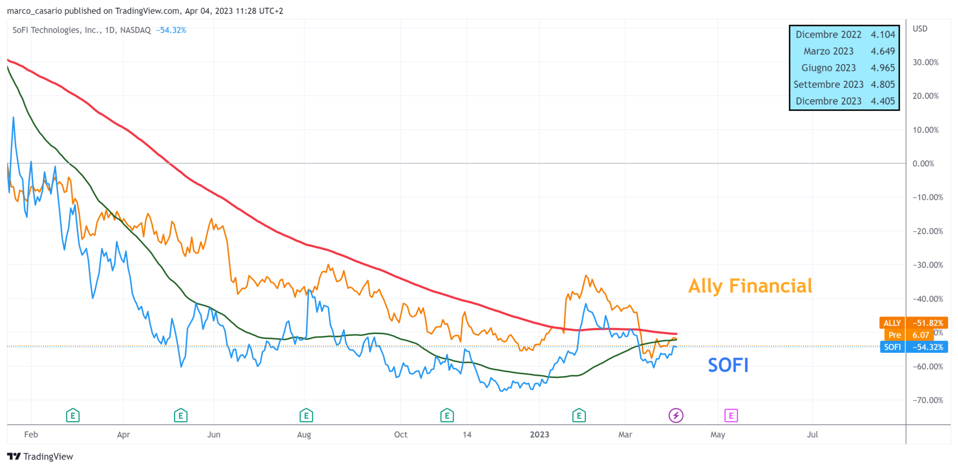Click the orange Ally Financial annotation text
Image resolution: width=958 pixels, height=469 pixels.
pos(750,286)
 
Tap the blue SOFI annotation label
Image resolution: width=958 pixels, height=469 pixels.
pos(728,365)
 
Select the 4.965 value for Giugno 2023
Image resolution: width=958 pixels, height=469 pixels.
pos(883,68)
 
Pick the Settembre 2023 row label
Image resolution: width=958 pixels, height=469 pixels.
pos(828,84)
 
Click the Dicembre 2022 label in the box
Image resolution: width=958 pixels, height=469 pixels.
pos(828,34)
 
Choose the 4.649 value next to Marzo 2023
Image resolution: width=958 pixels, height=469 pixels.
pos(883,51)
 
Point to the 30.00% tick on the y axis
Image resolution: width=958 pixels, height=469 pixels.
pos(926,62)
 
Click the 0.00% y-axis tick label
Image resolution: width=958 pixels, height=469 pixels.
pos(923,164)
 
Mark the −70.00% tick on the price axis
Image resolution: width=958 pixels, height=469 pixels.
pos(928,400)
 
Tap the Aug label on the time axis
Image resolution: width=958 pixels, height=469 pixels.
pos(304,435)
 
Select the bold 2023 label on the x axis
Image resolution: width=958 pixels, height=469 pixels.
pos(539,435)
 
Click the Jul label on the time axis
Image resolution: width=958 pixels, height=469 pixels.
pos(812,435)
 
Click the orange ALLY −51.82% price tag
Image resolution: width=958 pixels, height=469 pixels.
pos(913,323)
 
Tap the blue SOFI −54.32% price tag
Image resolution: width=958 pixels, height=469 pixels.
pos(913,347)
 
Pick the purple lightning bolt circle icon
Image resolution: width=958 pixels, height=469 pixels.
pos(676,415)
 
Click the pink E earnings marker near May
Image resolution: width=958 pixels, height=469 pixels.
pos(731,415)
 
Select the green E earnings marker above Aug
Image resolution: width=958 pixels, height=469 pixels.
pos(306,415)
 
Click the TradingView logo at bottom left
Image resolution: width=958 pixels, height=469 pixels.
pos(40,457)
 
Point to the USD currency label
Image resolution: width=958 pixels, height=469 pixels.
pos(920,29)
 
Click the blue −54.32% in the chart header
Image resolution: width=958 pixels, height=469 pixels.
pos(171,30)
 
